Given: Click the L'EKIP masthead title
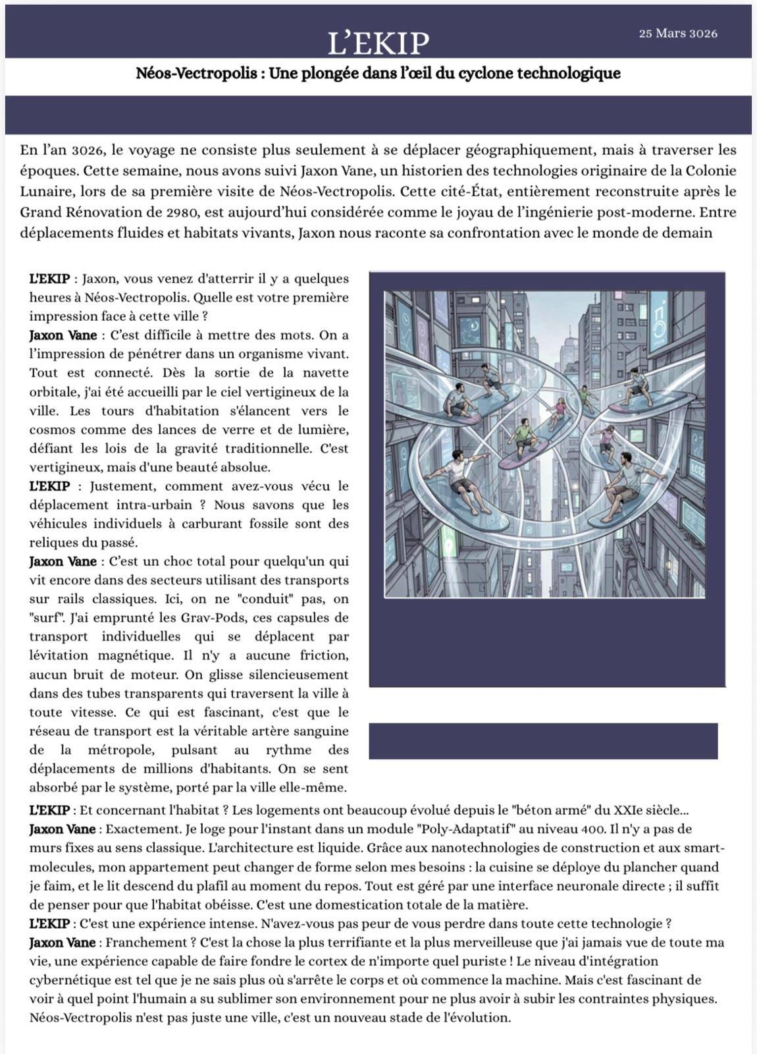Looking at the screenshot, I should (378, 43).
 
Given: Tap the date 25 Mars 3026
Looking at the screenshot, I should (677, 34).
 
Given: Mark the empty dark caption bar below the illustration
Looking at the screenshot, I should (543, 740).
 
